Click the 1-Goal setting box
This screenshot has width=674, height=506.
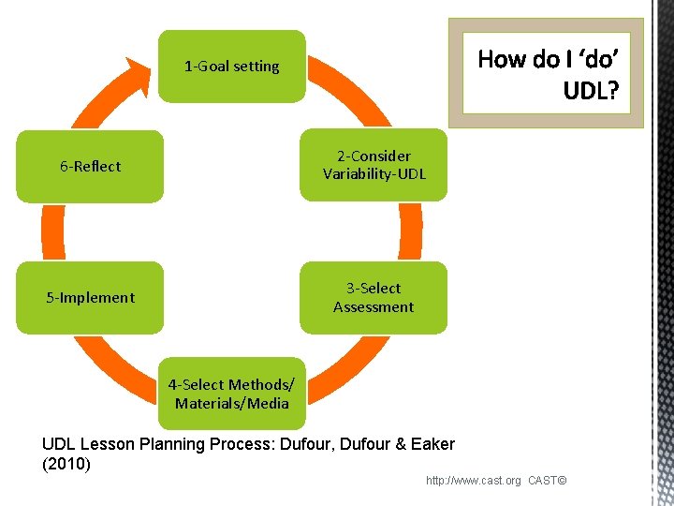(231, 67)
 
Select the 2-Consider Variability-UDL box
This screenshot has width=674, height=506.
(374, 165)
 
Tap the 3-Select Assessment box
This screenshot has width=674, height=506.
(374, 298)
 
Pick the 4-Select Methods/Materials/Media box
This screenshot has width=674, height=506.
(231, 394)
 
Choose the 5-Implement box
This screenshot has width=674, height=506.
(91, 298)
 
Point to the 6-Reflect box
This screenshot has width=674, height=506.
(91, 167)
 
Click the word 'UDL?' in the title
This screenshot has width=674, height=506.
(591, 91)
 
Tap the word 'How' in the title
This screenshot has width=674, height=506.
(502, 59)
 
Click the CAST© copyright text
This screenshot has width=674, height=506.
(548, 481)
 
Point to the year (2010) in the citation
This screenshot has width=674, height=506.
(66, 464)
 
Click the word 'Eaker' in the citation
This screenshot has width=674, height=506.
(432, 444)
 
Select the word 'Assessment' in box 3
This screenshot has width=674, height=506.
(374, 307)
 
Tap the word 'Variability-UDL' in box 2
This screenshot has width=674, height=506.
(374, 174)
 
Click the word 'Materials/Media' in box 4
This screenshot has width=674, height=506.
(231, 404)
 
